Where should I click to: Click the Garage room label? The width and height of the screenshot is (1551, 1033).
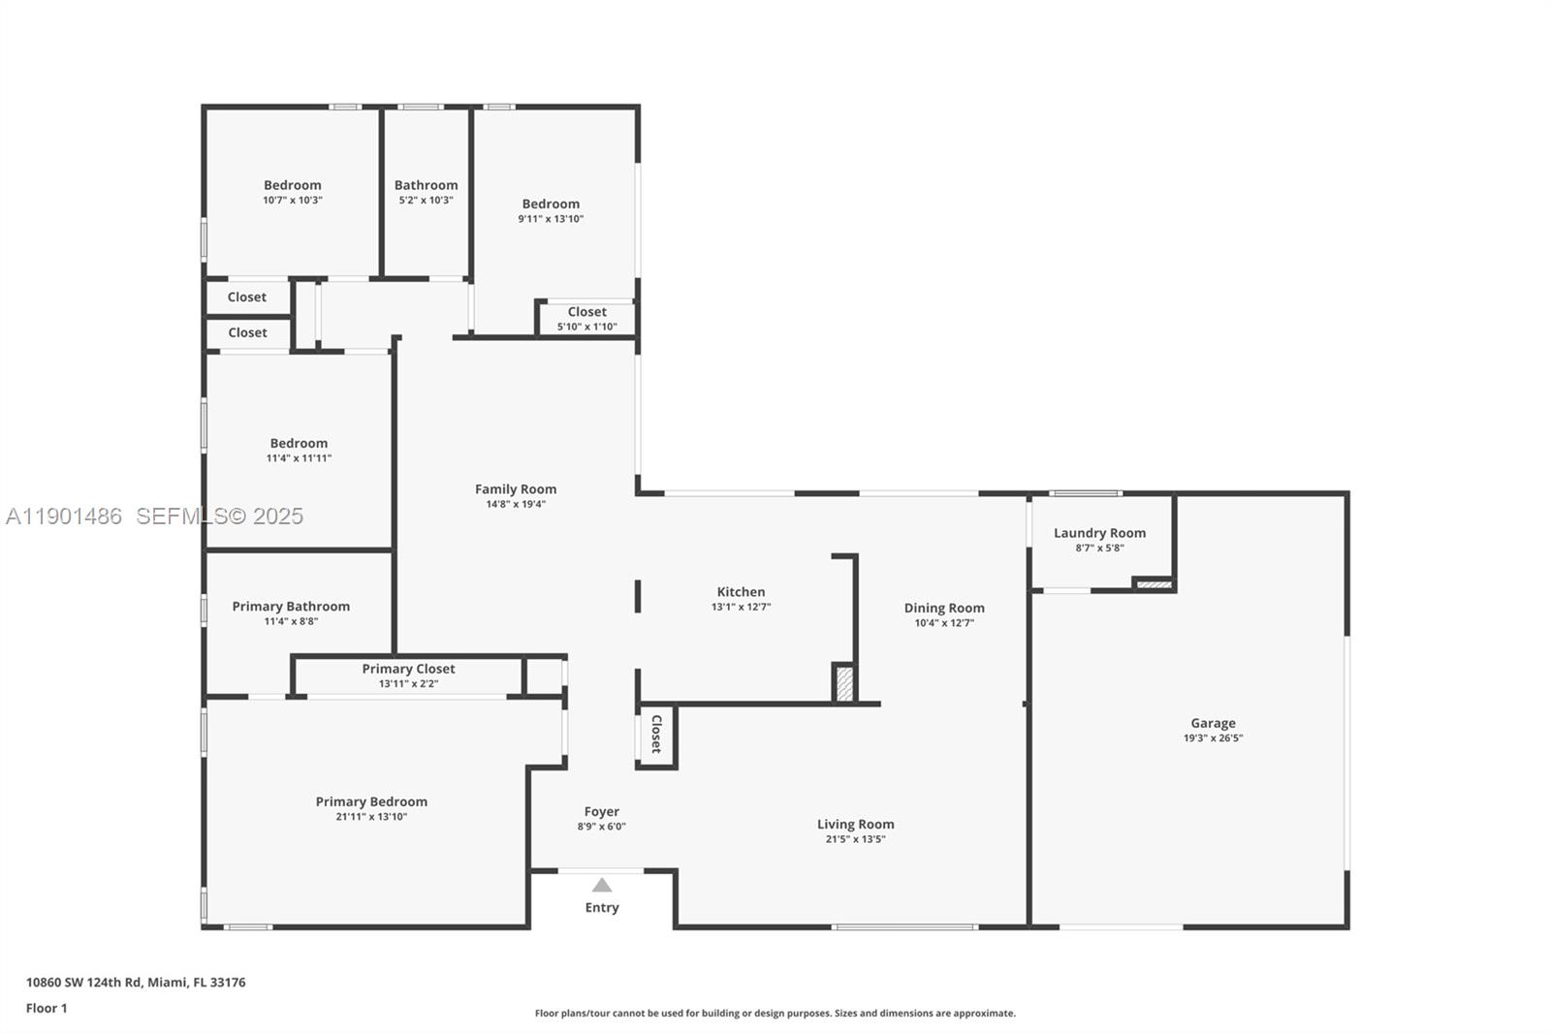point(1213,723)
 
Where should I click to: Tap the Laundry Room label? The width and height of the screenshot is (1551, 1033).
point(1099,533)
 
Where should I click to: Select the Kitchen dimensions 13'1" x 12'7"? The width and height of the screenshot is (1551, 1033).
point(741,608)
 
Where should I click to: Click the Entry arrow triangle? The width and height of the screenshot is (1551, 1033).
point(602,885)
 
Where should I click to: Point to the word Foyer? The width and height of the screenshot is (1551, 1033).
point(601,812)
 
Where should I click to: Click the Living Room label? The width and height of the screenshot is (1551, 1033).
point(855,825)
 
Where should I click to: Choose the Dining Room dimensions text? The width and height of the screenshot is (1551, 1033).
point(944,623)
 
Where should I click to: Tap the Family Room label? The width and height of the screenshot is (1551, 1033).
point(516,489)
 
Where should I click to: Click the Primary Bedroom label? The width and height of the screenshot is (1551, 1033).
point(371,801)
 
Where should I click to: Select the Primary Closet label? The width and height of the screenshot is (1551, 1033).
point(408,669)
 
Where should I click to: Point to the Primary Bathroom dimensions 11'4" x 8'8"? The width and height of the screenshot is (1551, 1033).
point(291,621)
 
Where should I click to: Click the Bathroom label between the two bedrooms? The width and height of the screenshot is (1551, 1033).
point(426,185)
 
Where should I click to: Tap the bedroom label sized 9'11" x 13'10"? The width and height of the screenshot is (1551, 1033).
point(551,203)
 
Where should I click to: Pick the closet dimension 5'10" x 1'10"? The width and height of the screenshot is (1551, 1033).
point(586,327)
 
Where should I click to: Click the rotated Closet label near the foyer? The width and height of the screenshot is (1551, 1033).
point(656,734)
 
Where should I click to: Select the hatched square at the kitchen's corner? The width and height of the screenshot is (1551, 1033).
point(844,683)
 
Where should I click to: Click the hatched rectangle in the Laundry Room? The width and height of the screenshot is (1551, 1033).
point(1154,584)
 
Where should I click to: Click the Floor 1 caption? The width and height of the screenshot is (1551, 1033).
point(47,1008)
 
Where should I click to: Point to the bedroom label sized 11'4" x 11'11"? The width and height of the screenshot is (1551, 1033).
point(299,443)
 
